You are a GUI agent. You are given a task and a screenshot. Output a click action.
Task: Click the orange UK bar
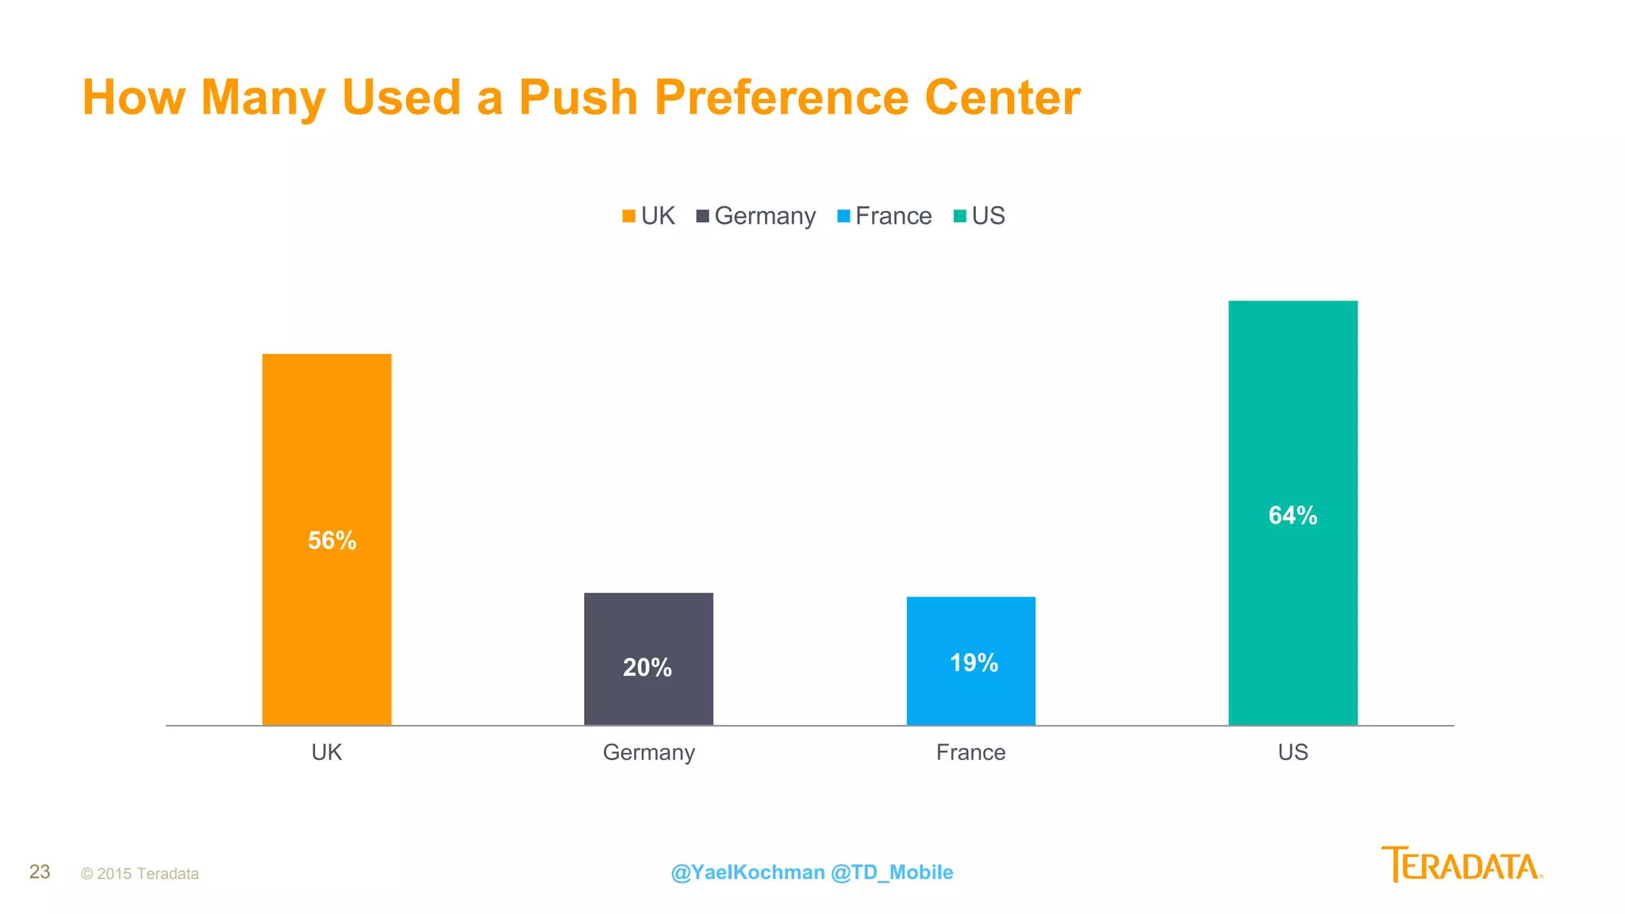click(326, 444)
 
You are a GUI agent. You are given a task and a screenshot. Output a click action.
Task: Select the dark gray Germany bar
click(648, 627)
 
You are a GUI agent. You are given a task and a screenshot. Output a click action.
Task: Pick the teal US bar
click(1293, 413)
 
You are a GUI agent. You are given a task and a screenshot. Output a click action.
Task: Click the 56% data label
click(332, 541)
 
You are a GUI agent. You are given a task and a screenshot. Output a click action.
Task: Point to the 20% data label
click(647, 668)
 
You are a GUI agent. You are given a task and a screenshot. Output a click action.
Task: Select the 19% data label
click(974, 663)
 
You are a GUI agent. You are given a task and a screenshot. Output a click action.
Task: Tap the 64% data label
click(1293, 516)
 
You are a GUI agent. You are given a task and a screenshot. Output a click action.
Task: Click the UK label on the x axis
click(326, 752)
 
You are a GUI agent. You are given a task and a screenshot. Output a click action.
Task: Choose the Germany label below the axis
click(648, 752)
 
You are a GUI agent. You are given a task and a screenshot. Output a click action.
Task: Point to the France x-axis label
click(970, 752)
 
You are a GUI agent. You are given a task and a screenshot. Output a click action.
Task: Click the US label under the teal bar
click(1293, 752)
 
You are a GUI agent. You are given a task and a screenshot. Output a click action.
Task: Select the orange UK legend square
click(628, 216)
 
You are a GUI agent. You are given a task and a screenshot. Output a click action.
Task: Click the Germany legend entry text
click(765, 216)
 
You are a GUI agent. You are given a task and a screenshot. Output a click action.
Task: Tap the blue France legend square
click(843, 216)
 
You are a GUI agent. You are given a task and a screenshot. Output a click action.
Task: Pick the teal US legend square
click(959, 216)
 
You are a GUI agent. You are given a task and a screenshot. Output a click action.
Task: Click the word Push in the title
click(578, 98)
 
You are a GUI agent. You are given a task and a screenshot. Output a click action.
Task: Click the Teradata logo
click(1462, 865)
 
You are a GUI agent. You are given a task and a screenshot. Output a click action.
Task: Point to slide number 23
click(40, 872)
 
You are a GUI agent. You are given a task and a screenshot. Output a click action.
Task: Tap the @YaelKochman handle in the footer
click(747, 873)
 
